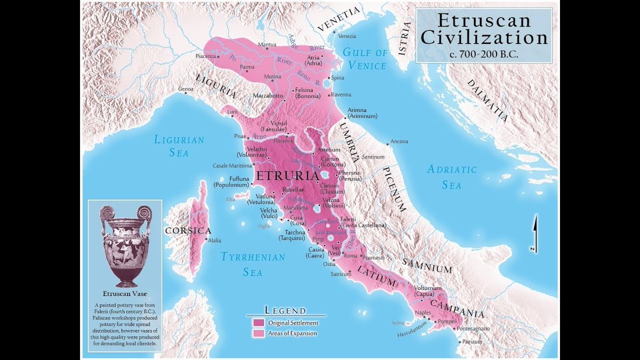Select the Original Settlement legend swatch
click(x=259, y=323)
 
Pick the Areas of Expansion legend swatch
click(x=259, y=333)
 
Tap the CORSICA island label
click(x=188, y=231)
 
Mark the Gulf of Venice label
click(x=364, y=59)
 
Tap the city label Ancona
click(x=399, y=141)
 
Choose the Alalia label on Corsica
click(x=214, y=241)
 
